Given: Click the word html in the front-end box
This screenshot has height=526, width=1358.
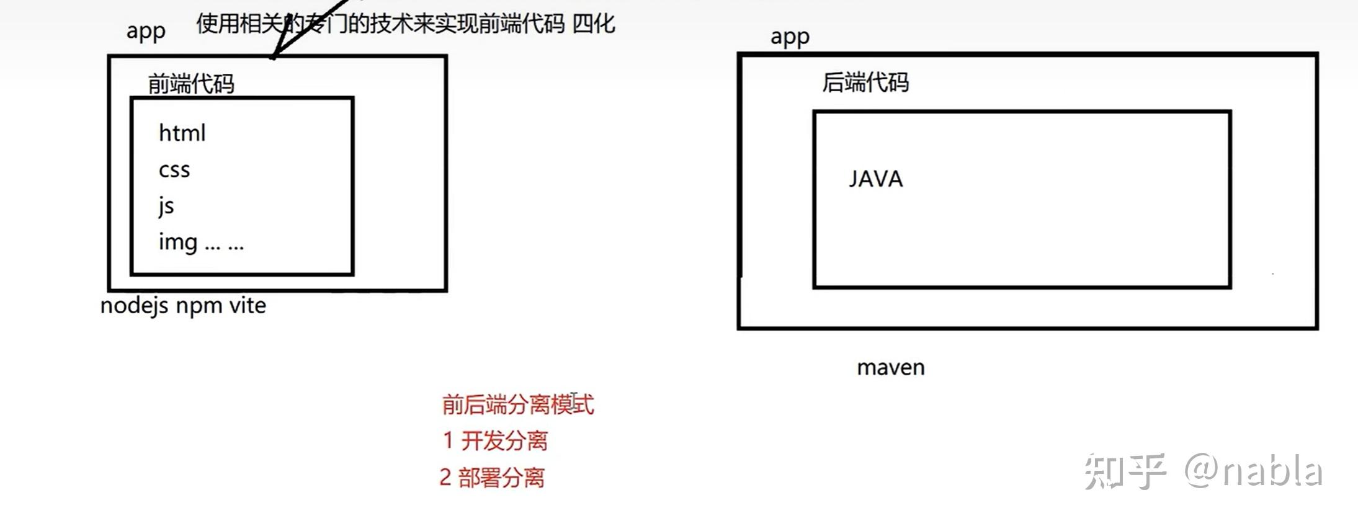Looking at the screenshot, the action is point(182,133).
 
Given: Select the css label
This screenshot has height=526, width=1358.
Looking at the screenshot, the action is point(174,170).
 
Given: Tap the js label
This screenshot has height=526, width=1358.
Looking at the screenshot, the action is point(166,206).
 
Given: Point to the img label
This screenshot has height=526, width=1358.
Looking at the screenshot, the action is point(178,242).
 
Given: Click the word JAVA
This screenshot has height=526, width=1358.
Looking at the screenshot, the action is point(875,179).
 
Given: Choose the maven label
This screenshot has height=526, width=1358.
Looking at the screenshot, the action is point(890,368).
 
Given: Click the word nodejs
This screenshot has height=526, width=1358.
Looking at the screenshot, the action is point(134,306).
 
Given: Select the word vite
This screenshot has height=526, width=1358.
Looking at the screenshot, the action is point(248,305).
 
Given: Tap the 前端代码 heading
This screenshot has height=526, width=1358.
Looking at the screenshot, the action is point(191,84).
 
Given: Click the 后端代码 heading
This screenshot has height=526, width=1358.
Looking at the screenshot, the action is point(865,82).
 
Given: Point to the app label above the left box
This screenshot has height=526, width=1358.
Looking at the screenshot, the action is point(146,31).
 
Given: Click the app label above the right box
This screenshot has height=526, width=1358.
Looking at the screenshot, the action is point(790,37).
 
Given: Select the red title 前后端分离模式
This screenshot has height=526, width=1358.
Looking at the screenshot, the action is point(518,404).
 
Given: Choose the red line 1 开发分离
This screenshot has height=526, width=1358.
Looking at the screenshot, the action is point(495,441).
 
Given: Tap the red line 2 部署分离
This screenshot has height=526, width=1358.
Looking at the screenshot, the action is point(492,478).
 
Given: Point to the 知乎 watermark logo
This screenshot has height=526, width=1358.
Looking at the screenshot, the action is point(1125,471).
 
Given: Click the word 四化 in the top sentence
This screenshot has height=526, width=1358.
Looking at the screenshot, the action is point(594,24).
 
